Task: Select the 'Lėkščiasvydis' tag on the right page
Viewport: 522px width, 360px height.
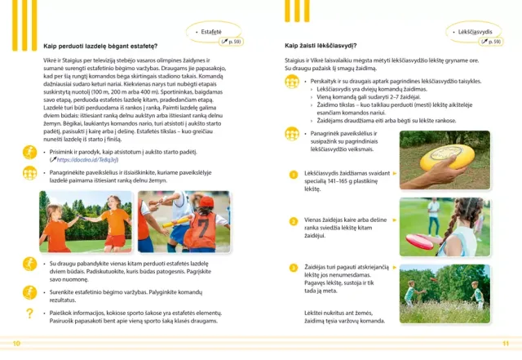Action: click(477, 30)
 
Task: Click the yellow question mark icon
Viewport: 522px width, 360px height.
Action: click(29, 313)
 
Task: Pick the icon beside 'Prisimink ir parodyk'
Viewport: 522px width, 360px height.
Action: click(29, 153)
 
